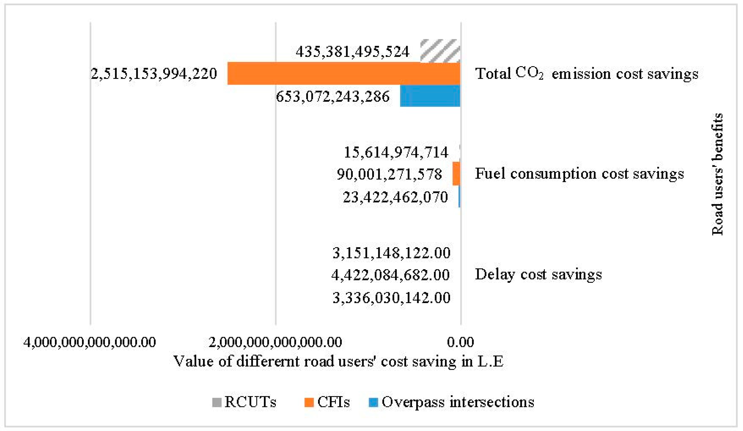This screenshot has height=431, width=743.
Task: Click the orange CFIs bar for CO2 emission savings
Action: click(x=344, y=73)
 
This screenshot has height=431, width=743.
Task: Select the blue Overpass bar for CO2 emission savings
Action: click(x=430, y=96)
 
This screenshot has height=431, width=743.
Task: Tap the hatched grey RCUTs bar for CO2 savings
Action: click(x=440, y=51)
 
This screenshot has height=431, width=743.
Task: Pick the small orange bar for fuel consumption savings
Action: click(x=457, y=174)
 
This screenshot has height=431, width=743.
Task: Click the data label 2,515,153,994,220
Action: click(x=154, y=73)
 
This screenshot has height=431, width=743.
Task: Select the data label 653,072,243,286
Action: click(x=333, y=96)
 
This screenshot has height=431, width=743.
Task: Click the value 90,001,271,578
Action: click(x=389, y=174)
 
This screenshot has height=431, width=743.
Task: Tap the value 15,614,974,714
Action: click(x=396, y=152)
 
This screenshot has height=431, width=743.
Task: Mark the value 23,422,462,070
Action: click(x=395, y=197)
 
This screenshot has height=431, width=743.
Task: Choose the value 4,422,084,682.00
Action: click(x=391, y=275)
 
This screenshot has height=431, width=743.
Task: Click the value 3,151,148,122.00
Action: click(x=392, y=253)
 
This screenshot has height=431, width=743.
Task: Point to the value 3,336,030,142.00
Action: click(x=392, y=298)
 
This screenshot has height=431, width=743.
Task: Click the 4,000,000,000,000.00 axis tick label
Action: click(x=90, y=342)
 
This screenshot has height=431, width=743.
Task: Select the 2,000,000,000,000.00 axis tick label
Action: click(x=275, y=342)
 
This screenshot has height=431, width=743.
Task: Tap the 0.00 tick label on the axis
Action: click(x=460, y=342)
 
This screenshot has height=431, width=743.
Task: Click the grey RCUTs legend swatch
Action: click(x=217, y=402)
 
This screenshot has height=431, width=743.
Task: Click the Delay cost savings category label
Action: click(x=538, y=274)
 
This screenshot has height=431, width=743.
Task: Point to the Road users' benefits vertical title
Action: click(x=717, y=174)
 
